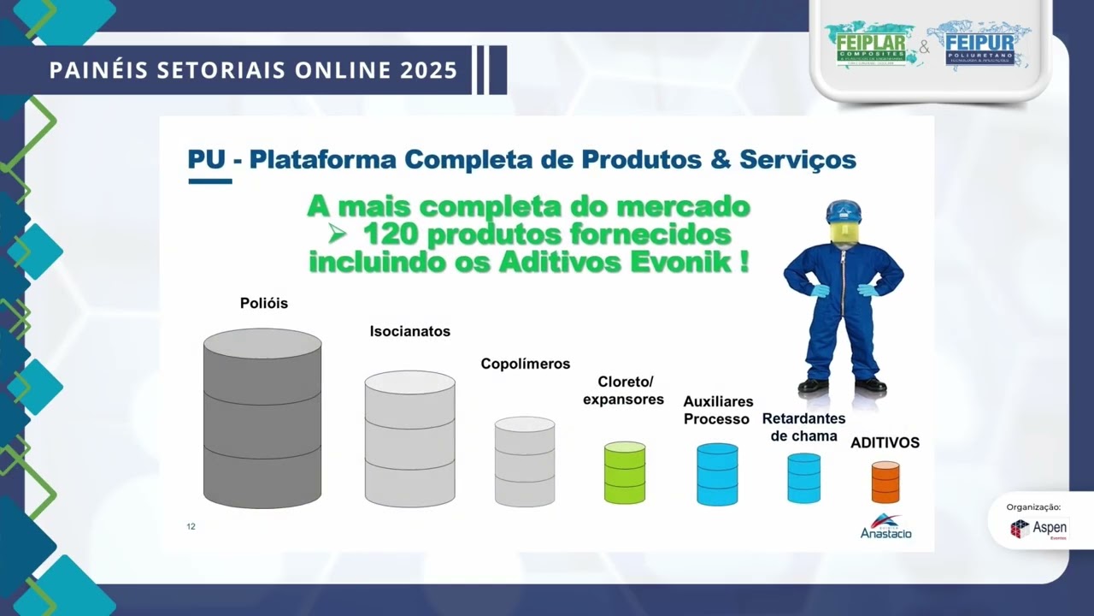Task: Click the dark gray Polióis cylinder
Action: (x=262, y=418)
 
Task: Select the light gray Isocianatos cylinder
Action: (x=409, y=439)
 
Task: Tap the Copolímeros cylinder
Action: (x=525, y=462)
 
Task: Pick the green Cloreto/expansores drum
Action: (x=625, y=472)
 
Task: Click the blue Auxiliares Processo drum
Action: (x=717, y=474)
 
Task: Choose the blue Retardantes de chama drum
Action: (x=803, y=477)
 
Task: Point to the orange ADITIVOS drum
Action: (x=885, y=483)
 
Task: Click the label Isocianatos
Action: (x=409, y=331)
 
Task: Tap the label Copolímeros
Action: (x=525, y=364)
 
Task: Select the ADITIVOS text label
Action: (x=885, y=443)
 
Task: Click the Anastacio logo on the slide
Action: (x=885, y=527)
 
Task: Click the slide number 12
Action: (x=191, y=526)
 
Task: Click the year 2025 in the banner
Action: (x=428, y=70)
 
